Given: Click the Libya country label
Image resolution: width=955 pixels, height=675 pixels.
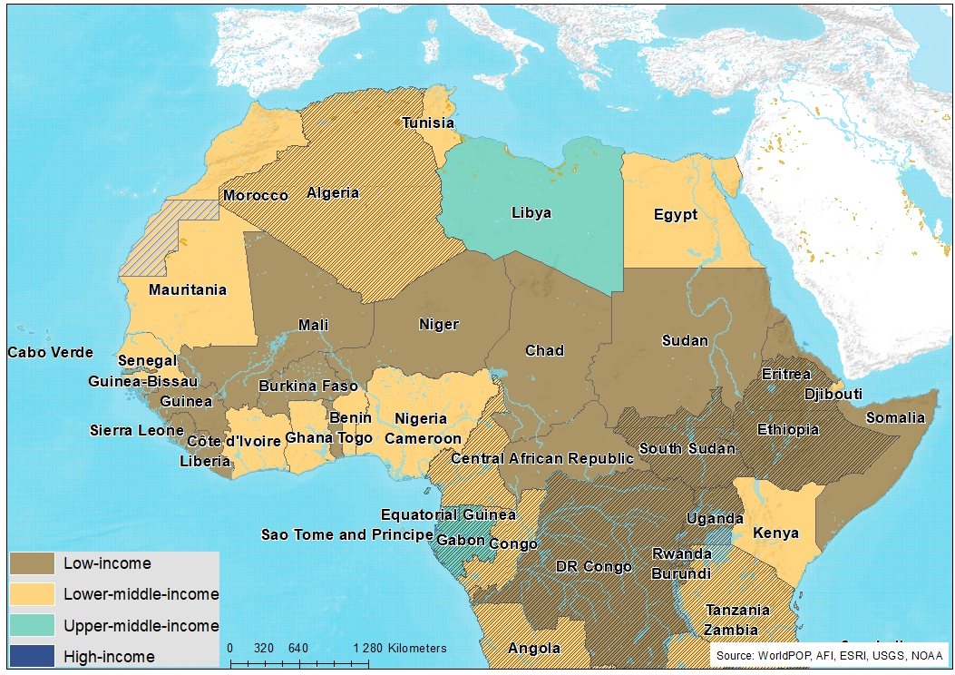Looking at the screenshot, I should click(531, 212).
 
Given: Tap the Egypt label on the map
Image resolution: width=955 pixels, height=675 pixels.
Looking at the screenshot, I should click(676, 215).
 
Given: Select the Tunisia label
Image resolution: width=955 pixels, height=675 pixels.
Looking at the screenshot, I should click(428, 122).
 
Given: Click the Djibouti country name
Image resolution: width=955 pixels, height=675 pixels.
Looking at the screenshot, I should click(833, 394).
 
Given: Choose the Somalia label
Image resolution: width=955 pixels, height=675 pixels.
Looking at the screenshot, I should click(895, 417).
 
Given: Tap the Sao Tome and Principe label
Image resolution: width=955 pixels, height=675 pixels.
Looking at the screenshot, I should click(346, 534).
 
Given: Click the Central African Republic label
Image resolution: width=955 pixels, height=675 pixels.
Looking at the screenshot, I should click(542, 458).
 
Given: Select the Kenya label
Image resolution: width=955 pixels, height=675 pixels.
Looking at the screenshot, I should click(775, 533).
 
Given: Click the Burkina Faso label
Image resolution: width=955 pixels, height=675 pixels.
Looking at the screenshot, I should click(308, 386).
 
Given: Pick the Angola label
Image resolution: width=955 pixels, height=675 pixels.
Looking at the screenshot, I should click(534, 648).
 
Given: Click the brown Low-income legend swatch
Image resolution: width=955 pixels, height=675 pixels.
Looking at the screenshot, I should click(32, 563).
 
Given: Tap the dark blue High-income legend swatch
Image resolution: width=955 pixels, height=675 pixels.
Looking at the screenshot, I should click(32, 656).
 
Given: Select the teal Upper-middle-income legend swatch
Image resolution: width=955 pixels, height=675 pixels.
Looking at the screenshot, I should click(32, 625).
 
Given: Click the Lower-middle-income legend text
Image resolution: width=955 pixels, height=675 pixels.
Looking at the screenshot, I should click(141, 594).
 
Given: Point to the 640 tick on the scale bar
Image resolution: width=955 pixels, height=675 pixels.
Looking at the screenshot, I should click(298, 649).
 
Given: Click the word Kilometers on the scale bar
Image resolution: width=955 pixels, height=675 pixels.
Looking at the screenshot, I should click(417, 649).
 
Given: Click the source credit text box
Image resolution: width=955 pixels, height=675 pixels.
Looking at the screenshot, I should click(827, 655).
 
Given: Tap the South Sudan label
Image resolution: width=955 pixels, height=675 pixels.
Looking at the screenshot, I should click(687, 448).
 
